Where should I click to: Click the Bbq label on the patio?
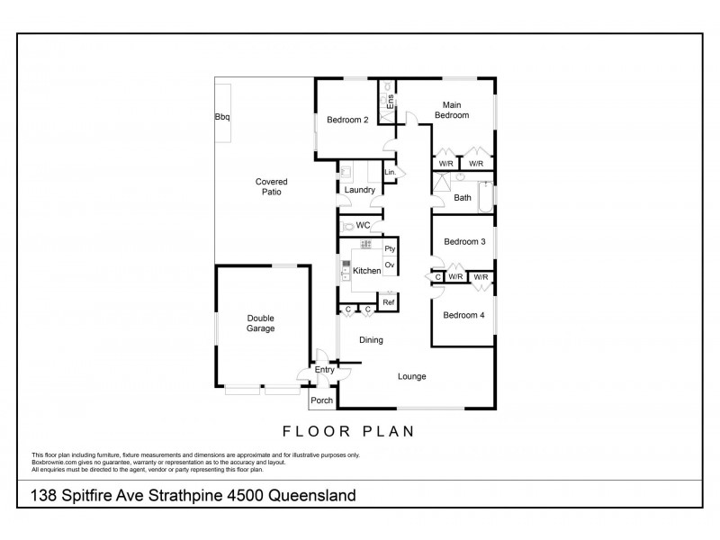[x=221, y=116]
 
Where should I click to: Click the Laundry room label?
[x=359, y=190]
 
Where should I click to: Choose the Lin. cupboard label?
[x=390, y=172]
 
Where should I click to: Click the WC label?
[x=364, y=225]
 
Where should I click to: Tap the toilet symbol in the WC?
[x=346, y=225]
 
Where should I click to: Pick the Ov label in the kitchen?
[x=390, y=265]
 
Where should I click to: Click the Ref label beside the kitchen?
[x=389, y=302]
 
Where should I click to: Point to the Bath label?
[x=463, y=198]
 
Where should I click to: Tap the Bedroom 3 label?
[x=463, y=242]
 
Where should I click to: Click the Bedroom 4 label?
[x=463, y=315]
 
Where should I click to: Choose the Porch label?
[x=321, y=400]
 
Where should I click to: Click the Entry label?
[x=324, y=370]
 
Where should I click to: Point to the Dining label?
[x=371, y=340]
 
